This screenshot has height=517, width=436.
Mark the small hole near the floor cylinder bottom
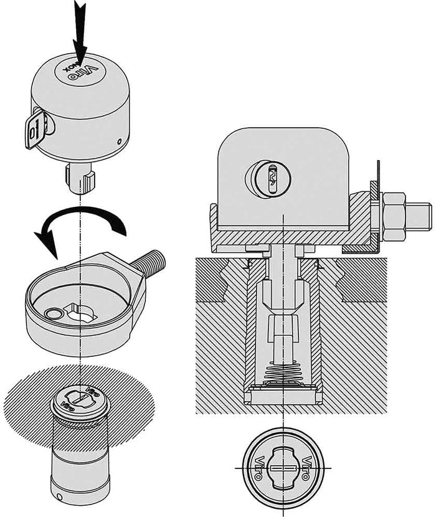click(58, 498)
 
